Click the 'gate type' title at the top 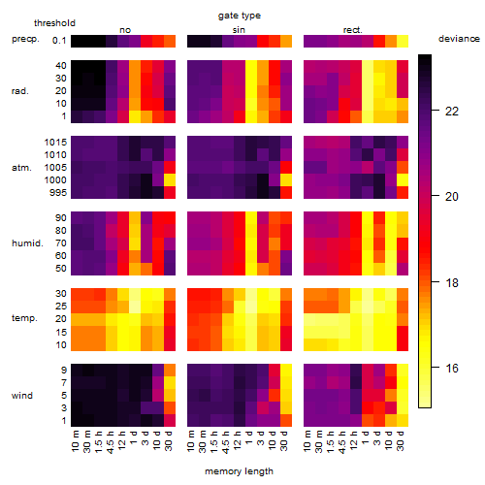point(240,16)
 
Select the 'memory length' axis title point(240,471)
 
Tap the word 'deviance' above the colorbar point(459,39)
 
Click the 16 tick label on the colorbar point(452,368)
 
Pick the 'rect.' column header point(352,30)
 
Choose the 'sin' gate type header point(239,30)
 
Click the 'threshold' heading point(54,23)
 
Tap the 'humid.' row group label point(27,242)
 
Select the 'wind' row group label point(22,396)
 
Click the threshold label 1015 point(55,142)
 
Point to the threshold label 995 point(58,192)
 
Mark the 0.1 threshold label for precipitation point(59,41)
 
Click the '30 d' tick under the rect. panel point(401,440)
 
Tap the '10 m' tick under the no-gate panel point(75,440)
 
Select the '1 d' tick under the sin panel point(249,437)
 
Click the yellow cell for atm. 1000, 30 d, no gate point(170,179)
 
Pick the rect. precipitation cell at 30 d point(403,41)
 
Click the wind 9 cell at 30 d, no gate point(170,370)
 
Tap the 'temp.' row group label point(24,318)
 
